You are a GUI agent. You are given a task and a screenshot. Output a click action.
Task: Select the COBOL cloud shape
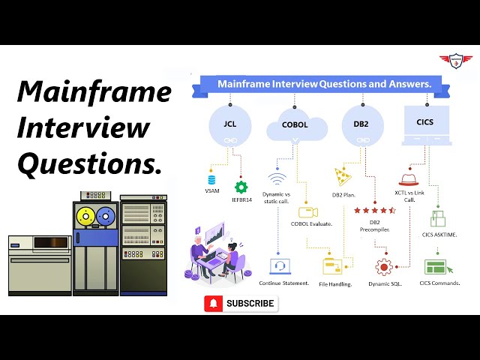(x=295, y=124)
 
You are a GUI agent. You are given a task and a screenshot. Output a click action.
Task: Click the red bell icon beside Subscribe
(x=214, y=303)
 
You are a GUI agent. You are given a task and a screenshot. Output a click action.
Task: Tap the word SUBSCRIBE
(x=250, y=303)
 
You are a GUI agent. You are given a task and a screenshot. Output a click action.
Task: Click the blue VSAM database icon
(x=211, y=179)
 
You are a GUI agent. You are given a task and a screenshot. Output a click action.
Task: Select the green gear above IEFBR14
(x=241, y=187)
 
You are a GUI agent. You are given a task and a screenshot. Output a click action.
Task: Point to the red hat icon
(x=408, y=179)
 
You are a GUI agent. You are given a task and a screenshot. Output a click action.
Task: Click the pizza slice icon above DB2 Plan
(x=343, y=177)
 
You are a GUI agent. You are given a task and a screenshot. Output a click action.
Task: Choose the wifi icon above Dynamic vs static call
(x=277, y=180)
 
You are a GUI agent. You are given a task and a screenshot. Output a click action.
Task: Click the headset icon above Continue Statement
(x=280, y=266)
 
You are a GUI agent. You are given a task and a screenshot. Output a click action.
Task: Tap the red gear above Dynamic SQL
(x=385, y=266)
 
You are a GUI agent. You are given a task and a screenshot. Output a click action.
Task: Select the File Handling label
(x=335, y=283)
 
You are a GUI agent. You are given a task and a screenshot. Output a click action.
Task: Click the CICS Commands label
(x=439, y=283)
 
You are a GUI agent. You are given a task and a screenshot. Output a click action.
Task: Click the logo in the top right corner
(x=457, y=60)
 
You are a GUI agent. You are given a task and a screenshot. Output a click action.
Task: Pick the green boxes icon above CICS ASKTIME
(x=439, y=218)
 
